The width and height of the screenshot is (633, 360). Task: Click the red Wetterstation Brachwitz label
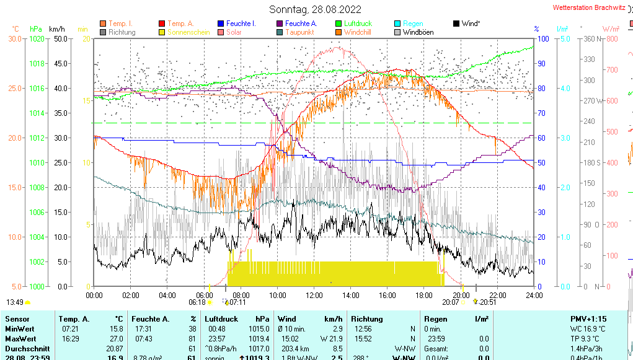tap(589, 8)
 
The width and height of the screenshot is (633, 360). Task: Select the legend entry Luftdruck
tap(358, 24)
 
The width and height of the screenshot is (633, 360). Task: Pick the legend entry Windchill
tap(357, 32)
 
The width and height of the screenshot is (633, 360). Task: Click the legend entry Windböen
tap(418, 32)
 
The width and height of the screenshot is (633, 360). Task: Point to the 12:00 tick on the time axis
tap(314, 294)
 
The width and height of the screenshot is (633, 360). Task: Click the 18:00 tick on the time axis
tap(424, 294)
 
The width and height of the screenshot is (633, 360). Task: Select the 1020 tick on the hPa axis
tap(37, 38)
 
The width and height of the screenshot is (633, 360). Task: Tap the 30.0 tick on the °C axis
tap(15, 38)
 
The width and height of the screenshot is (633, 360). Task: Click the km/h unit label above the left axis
tap(57, 29)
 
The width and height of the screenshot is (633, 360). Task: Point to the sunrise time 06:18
tap(197, 302)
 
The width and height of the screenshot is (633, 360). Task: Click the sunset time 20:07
tap(450, 302)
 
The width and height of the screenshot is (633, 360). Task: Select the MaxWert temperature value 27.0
tap(115, 339)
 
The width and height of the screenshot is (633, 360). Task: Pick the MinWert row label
tap(20, 328)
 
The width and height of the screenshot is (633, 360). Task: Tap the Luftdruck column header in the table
tap(221, 318)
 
